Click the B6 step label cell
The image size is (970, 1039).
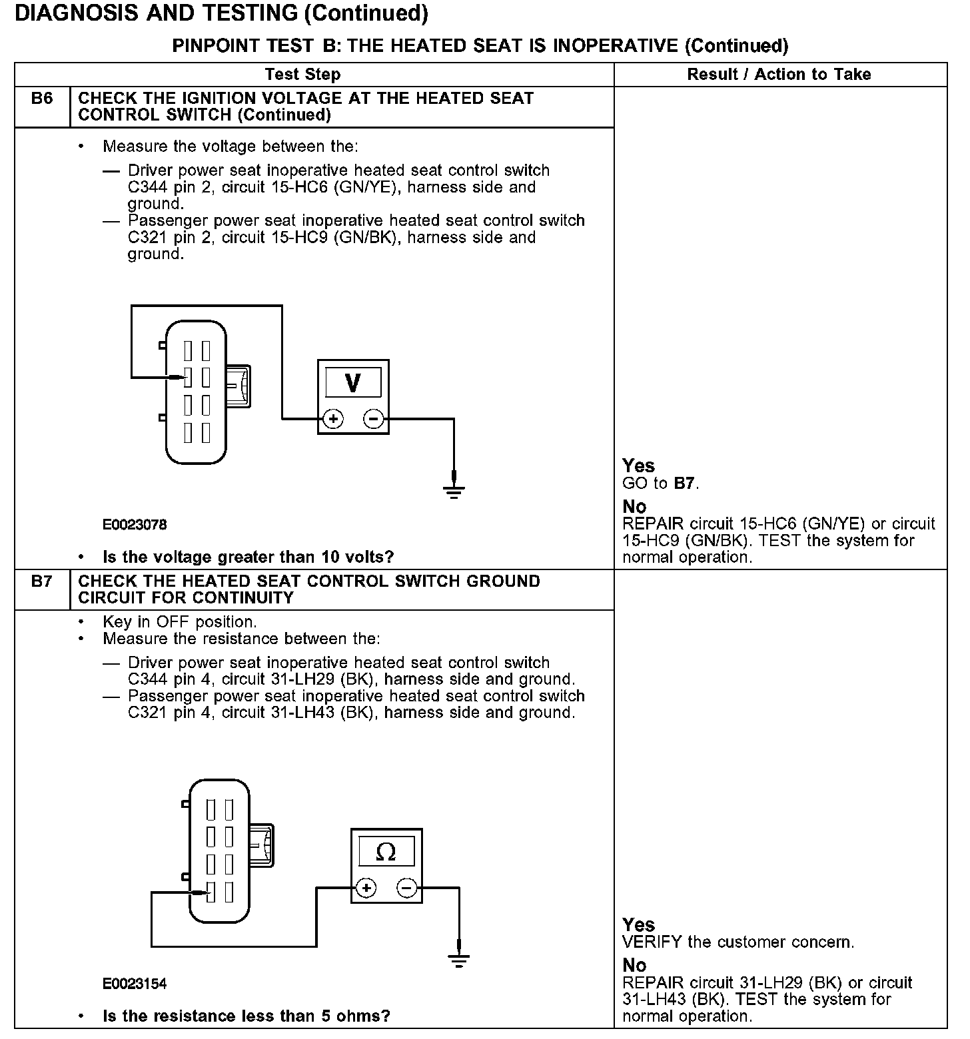pyautogui.click(x=41, y=99)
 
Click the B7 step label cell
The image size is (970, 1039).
pyautogui.click(x=41, y=581)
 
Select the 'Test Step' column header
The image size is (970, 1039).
pyautogui.click(x=302, y=75)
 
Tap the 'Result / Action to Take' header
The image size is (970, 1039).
pyautogui.click(x=779, y=75)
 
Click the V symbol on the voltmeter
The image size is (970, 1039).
pyautogui.click(x=353, y=383)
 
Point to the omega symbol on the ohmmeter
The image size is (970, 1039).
pyautogui.click(x=386, y=852)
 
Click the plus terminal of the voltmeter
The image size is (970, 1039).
pyautogui.click(x=333, y=419)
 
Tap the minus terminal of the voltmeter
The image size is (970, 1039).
pyautogui.click(x=373, y=419)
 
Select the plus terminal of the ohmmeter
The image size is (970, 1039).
pyautogui.click(x=366, y=888)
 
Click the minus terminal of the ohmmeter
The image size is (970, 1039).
pyautogui.click(x=407, y=888)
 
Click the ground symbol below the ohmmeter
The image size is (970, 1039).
pyautogui.click(x=458, y=960)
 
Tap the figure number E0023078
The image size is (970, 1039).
pyautogui.click(x=135, y=525)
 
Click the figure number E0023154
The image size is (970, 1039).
pyautogui.click(x=135, y=984)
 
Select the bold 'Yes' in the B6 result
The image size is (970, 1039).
pyautogui.click(x=638, y=466)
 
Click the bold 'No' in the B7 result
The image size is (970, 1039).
pyautogui.click(x=634, y=965)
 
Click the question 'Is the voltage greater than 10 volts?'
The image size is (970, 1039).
pyautogui.click(x=248, y=557)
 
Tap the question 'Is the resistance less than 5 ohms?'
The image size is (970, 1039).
pyautogui.click(x=246, y=1016)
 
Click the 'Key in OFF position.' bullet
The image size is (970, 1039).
pyautogui.click(x=179, y=622)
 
